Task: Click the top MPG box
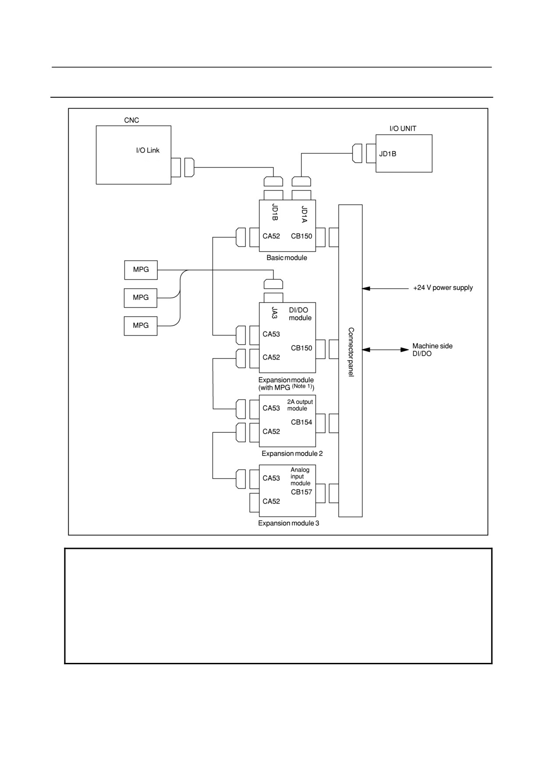(x=141, y=270)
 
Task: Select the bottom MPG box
(x=141, y=326)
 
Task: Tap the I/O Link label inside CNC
(x=148, y=150)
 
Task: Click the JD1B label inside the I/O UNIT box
(x=388, y=154)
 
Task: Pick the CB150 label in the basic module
(x=302, y=236)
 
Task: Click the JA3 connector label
(x=275, y=313)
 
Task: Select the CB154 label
(x=302, y=422)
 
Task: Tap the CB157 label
(x=302, y=492)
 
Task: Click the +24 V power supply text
(x=443, y=288)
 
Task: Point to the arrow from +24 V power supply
(x=385, y=288)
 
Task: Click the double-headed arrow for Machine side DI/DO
(x=386, y=350)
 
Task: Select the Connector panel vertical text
(x=351, y=352)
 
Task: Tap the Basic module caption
(x=287, y=258)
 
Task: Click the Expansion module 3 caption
(x=288, y=523)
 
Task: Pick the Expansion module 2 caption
(x=292, y=454)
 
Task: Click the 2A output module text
(x=300, y=405)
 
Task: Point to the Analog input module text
(x=301, y=477)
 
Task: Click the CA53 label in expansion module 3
(x=271, y=478)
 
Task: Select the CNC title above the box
(x=131, y=120)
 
